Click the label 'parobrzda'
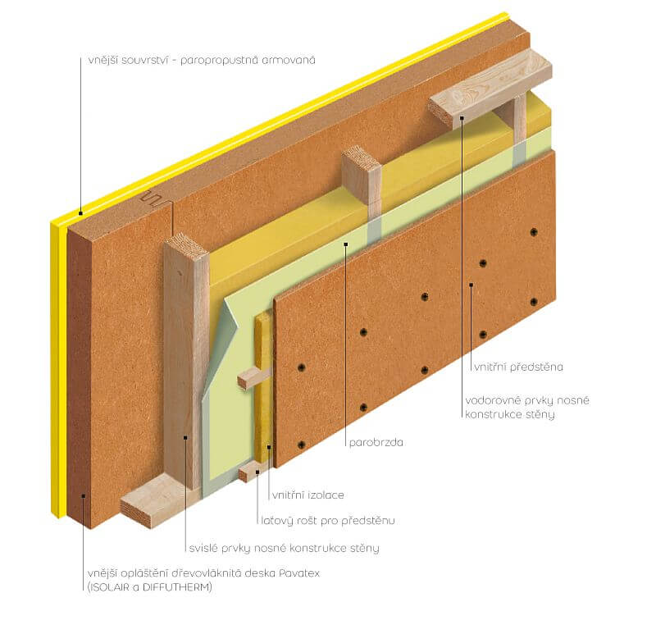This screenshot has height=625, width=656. [x=376, y=442]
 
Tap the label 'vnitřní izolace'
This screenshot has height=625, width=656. [x=308, y=495]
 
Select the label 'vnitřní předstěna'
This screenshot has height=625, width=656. [x=518, y=367]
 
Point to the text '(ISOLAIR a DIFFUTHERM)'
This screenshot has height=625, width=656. [x=150, y=587]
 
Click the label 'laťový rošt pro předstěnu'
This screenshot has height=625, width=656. [x=327, y=521]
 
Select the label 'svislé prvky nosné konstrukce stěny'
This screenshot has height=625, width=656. [x=284, y=548]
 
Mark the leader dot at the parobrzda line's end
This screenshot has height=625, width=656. [x=345, y=244]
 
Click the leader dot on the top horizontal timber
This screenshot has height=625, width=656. [x=462, y=117]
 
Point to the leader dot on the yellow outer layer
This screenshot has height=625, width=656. [x=80, y=213]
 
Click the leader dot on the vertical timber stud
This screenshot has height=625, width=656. [x=185, y=438]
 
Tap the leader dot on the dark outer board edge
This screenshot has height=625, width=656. [x=84, y=496]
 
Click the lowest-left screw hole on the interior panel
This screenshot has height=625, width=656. [x=301, y=445]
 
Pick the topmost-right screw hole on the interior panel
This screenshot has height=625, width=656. [x=534, y=232]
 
